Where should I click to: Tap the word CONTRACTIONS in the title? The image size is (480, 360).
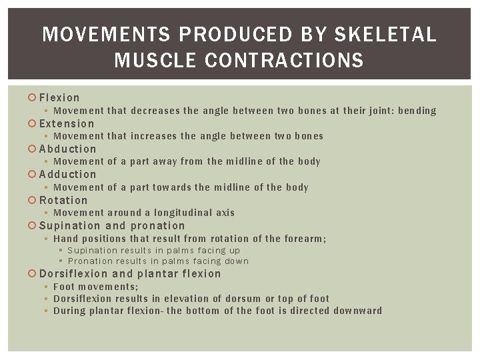point(285,61)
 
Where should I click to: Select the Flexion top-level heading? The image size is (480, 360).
point(59,98)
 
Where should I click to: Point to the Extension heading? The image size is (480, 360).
point(67,123)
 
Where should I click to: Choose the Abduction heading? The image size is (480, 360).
point(67,149)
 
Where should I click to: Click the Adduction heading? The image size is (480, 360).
point(67,174)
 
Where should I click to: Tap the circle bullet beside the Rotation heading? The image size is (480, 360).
point(33,200)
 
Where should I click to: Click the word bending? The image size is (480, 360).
point(417,111)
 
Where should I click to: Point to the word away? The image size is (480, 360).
point(165,161)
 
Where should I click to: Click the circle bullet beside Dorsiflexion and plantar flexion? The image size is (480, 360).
point(33,273)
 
